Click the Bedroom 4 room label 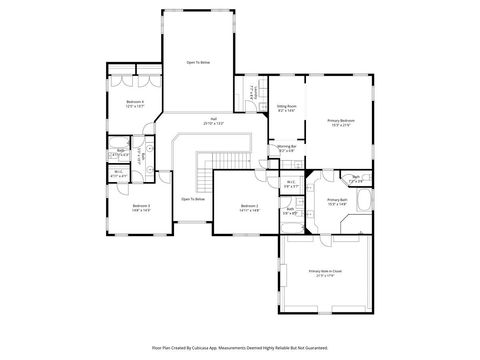[135, 102]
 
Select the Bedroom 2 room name [249, 207]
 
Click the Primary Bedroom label [340, 122]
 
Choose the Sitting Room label [286, 108]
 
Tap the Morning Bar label [286, 149]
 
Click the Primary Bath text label [336, 201]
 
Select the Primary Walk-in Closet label [327, 271]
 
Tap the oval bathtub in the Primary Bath [367, 207]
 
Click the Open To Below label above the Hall [198, 62]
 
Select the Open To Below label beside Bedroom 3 [193, 199]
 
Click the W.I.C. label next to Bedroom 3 [118, 173]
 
